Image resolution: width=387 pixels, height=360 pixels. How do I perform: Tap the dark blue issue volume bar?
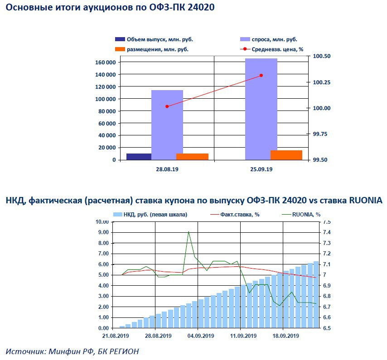click(x=139, y=157)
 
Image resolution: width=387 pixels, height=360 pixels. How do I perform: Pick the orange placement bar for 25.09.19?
click(x=286, y=155)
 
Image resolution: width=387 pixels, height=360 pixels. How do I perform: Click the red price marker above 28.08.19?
click(x=167, y=106)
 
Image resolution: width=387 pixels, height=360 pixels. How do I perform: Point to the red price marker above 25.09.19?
click(x=261, y=75)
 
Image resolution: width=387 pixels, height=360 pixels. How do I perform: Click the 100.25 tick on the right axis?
click(x=322, y=82)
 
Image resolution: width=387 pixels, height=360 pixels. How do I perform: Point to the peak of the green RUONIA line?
click(x=189, y=232)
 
